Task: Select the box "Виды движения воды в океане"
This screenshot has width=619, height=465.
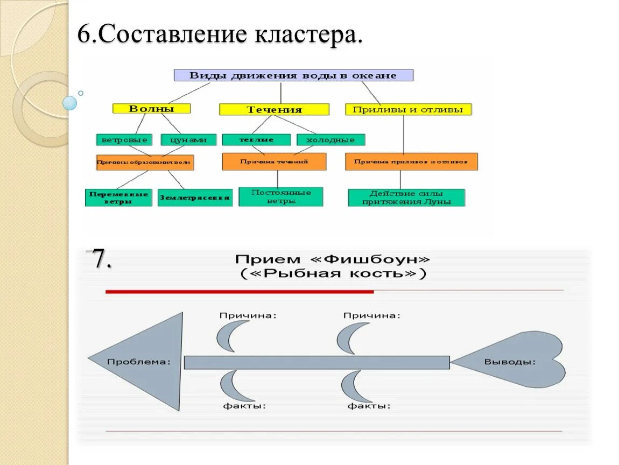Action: coord(293,75)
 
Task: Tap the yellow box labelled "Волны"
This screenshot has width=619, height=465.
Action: coord(151,109)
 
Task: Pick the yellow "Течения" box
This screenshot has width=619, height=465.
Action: coord(274,110)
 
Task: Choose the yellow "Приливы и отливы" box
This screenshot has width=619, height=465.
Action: coord(408,110)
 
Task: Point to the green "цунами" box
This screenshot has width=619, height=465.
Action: coord(188,140)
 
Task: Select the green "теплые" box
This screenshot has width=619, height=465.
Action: coord(256,140)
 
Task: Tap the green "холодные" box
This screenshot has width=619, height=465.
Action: coord(330,140)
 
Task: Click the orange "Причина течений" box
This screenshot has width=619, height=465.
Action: coord(274,161)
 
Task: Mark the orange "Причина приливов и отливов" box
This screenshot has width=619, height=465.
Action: coord(411,161)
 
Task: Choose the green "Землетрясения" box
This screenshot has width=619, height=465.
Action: coord(195,198)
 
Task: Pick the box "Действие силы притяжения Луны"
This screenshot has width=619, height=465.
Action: coord(406,198)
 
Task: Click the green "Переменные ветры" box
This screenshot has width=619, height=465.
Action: coord(118,198)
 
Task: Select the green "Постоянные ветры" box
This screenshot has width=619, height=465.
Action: coord(280,196)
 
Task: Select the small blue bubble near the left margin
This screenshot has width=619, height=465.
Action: coord(69,102)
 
